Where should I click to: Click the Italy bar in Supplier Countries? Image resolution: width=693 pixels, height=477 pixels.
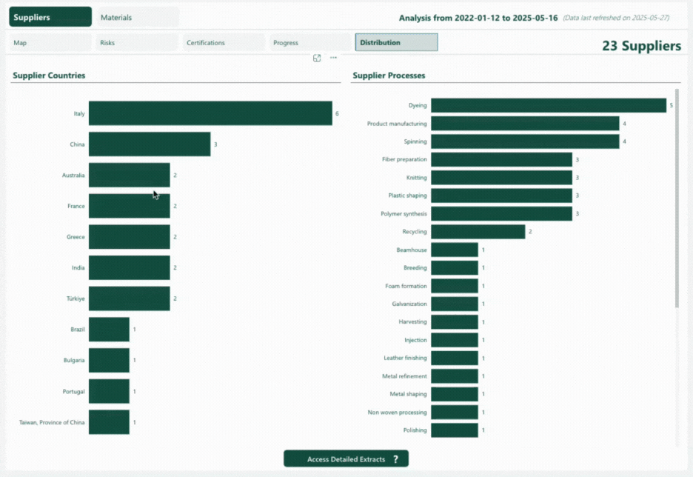pos(210,113)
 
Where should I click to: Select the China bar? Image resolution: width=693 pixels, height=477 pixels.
pos(150,144)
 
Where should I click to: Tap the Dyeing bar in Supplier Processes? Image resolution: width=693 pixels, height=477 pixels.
pos(549,105)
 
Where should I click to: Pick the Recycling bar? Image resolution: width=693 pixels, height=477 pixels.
pos(478,232)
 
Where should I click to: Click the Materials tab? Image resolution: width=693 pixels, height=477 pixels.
pos(137,17)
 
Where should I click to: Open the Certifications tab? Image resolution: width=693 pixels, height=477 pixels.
pos(224,43)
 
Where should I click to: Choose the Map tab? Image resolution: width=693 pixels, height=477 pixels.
pos(50,43)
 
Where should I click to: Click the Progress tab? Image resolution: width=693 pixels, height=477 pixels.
pos(310,43)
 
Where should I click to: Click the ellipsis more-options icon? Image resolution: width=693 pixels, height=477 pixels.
pos(333,58)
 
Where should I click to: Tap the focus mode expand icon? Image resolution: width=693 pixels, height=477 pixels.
pos(317,58)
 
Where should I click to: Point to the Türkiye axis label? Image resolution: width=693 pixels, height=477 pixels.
pos(76,298)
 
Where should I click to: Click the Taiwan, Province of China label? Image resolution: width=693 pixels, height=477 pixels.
pos(52,422)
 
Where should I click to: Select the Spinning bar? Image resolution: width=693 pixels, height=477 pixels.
pos(525,141)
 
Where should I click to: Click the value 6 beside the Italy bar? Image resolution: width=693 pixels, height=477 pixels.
pos(337,114)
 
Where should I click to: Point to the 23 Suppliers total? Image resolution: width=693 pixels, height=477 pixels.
pos(641,46)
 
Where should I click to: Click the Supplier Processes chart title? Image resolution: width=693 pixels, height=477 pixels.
pos(389,76)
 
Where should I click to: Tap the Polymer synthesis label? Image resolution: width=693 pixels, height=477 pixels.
pos(404,214)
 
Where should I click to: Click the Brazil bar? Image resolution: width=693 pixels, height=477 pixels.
pos(109,330)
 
